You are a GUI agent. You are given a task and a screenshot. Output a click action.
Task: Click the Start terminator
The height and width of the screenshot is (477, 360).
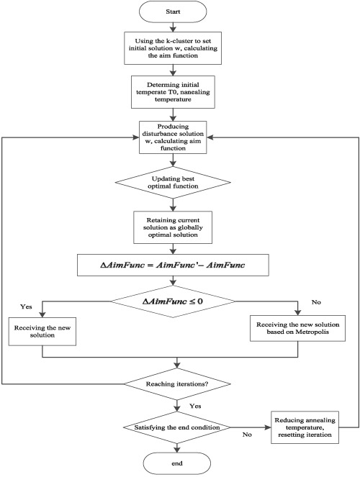173,12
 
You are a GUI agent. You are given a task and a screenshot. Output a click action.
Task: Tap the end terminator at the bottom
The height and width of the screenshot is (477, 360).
177,463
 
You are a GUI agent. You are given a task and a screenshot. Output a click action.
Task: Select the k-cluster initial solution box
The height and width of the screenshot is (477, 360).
173,48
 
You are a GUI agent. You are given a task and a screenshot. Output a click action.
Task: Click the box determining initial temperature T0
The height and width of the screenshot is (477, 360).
173,92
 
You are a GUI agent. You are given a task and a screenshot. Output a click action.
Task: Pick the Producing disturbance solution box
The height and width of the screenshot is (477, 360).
173,137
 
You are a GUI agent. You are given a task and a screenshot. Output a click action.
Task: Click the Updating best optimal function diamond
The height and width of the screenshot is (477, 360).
173,183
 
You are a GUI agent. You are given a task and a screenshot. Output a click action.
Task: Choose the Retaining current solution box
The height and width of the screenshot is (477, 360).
173,227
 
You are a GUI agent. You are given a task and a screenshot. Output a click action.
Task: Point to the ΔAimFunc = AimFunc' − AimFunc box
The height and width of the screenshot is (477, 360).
173,265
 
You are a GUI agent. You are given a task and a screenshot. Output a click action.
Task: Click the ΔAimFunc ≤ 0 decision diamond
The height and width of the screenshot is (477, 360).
173,301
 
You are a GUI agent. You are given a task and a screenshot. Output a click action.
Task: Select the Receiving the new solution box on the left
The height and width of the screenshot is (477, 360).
42,331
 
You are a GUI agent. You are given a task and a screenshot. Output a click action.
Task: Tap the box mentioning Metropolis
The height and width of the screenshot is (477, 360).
297,328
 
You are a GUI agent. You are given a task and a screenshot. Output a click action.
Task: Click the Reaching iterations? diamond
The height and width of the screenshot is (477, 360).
177,384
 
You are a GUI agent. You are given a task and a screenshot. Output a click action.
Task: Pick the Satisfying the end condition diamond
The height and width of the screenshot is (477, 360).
177,427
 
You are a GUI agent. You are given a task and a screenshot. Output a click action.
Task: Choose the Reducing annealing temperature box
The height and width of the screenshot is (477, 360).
305,427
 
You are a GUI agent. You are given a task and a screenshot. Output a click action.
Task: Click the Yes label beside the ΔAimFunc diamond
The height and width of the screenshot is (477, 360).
26,306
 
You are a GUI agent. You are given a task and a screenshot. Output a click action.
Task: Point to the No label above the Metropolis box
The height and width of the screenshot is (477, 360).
316,302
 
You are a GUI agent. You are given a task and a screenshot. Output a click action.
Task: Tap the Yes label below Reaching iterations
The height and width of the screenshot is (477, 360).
195,406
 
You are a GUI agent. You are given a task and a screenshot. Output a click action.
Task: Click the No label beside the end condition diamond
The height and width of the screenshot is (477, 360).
247,435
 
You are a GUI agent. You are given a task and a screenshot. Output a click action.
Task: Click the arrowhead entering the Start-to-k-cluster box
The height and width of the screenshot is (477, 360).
173,29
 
